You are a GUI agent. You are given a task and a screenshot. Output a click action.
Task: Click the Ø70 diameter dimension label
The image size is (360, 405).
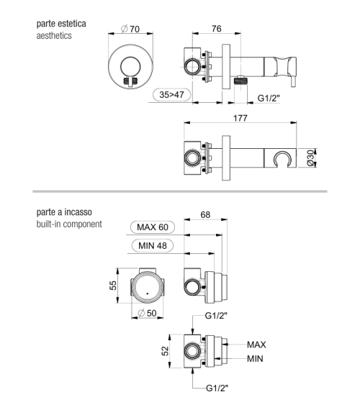(x=130, y=29)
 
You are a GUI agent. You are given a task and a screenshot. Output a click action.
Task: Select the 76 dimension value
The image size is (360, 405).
(x=216, y=28)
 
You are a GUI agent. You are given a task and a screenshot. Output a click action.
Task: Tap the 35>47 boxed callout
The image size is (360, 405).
(x=171, y=95)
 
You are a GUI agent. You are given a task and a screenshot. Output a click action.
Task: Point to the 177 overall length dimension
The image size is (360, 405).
(x=240, y=118)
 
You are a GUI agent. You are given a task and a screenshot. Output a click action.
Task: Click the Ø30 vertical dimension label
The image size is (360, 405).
(x=310, y=158)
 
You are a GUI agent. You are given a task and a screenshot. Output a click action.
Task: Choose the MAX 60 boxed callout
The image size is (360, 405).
(x=153, y=227)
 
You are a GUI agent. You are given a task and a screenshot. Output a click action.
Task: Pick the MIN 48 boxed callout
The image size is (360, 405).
(x=153, y=245)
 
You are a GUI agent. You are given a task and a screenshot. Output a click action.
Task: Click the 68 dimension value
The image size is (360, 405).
(x=205, y=214)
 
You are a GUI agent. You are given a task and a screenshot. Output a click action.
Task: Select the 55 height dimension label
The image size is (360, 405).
(x=113, y=286)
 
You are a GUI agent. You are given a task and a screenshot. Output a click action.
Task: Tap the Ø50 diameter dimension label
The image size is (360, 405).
(x=148, y=314)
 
